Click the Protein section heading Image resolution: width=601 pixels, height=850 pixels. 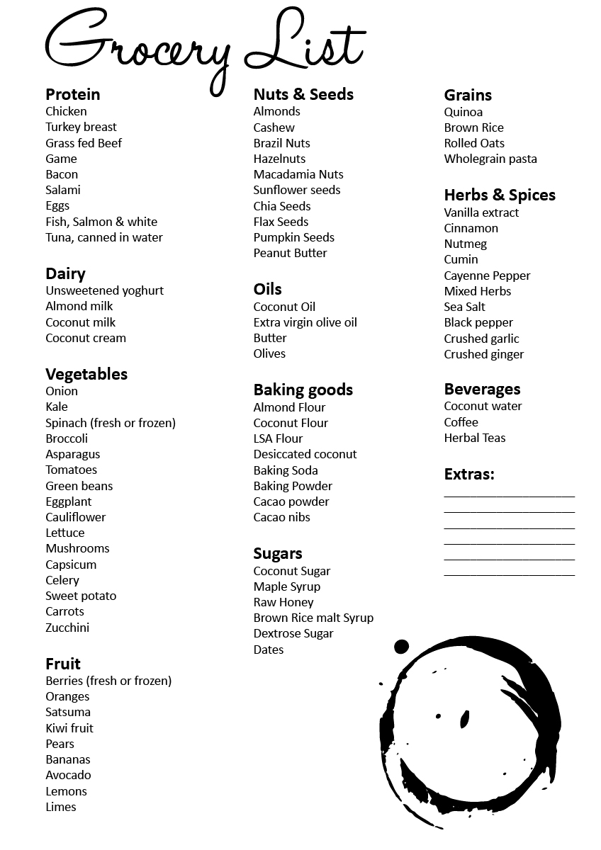pyautogui.click(x=72, y=94)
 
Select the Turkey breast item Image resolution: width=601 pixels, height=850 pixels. pyautogui.click(x=81, y=127)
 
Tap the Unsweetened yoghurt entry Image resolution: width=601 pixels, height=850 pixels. pyautogui.click(x=104, y=290)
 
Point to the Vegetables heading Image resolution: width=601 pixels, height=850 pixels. pyautogui.click(x=86, y=374)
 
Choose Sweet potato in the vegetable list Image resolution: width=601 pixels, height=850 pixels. pyautogui.click(x=81, y=596)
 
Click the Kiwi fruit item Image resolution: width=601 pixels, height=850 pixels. pyautogui.click(x=69, y=728)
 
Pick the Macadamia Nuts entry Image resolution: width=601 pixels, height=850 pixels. pyautogui.click(x=298, y=174)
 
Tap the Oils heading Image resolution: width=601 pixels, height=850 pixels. pyautogui.click(x=267, y=289)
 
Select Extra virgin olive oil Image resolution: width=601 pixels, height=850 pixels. pyautogui.click(x=305, y=322)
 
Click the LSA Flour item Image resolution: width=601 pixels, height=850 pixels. pyautogui.click(x=278, y=438)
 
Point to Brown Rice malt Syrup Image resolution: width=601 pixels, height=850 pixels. pyautogui.click(x=313, y=618)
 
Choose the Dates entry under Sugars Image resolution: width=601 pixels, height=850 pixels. pyautogui.click(x=268, y=650)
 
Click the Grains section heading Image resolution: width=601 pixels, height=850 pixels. pyautogui.click(x=468, y=95)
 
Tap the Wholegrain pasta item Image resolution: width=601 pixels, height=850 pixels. pyautogui.click(x=490, y=159)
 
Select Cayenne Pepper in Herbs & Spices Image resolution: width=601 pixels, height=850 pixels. pyautogui.click(x=487, y=276)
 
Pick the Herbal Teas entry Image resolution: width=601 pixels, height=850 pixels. pyautogui.click(x=475, y=438)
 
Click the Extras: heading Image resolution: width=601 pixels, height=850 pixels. pyautogui.click(x=469, y=474)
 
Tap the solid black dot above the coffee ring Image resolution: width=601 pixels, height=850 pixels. pyautogui.click(x=401, y=646)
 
